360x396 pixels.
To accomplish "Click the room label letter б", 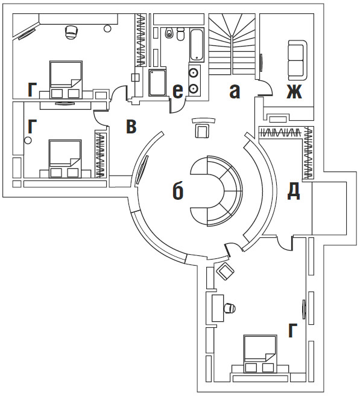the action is tap(178, 191).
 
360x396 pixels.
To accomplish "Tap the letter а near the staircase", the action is tap(235, 91).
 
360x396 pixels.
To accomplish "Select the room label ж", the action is tap(294, 91).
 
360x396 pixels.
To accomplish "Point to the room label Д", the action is tap(294, 191).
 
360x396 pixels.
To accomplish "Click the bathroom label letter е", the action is tap(178, 91).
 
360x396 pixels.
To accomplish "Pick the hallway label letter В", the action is tap(131, 126).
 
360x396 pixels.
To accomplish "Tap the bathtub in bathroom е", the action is tap(197, 45).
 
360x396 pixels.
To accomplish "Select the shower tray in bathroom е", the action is tap(157, 82).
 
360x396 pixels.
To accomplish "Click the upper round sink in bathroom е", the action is tap(194, 73).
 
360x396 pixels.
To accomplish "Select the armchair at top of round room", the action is tap(203, 129).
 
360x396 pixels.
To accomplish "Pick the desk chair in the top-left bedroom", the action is tap(71, 32).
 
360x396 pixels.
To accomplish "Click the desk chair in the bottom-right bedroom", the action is tap(230, 308).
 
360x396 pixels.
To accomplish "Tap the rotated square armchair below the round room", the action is tap(226, 271).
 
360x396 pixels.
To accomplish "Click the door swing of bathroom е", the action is tap(178, 106).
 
